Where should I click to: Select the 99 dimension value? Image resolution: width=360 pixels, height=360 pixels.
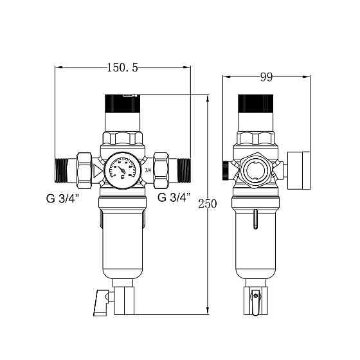266,77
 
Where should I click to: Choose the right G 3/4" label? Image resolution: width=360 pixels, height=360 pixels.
173,197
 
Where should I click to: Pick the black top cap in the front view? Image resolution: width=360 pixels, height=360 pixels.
122,103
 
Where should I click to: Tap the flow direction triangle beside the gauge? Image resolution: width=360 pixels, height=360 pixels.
97,170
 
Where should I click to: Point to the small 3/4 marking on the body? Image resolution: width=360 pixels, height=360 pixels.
147,170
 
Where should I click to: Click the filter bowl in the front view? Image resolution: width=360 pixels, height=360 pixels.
122,238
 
